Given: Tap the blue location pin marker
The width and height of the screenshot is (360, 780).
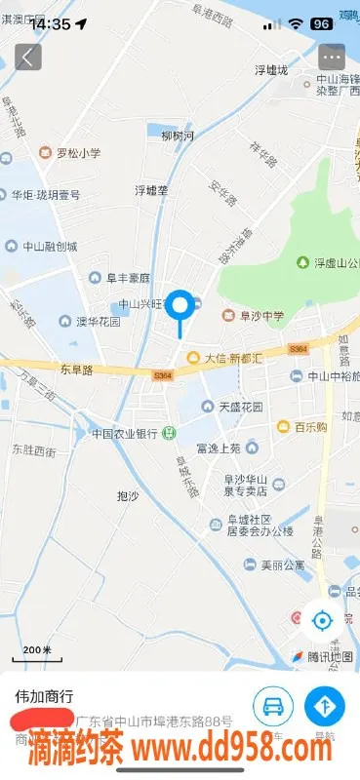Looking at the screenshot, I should tap(180, 306).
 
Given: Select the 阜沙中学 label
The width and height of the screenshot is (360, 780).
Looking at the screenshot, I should tap(257, 315).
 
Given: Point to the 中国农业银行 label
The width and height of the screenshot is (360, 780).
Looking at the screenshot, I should tap(125, 433).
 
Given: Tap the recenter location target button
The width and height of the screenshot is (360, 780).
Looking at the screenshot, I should tap(322, 619).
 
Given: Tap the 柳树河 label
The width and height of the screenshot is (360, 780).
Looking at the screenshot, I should tap(178, 136).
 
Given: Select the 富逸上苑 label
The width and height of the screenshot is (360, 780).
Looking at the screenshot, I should tap(218, 448).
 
